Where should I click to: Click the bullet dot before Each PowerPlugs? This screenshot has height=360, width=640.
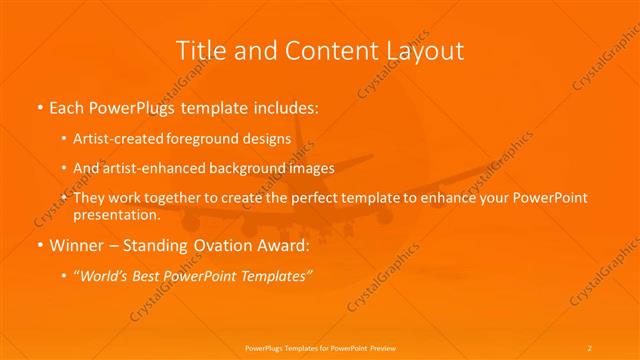(39, 105)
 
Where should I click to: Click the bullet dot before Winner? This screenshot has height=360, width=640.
(39, 245)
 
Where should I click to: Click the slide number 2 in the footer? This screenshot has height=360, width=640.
(590, 347)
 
